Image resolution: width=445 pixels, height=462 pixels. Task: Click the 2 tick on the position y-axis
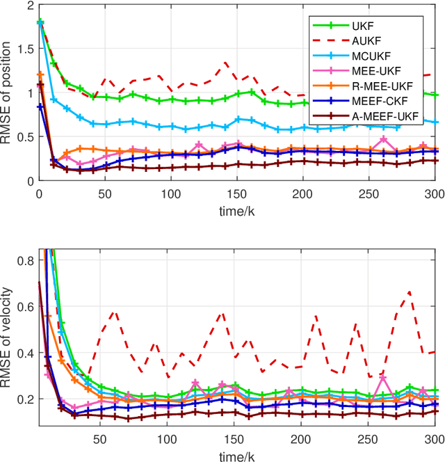tap(30, 6)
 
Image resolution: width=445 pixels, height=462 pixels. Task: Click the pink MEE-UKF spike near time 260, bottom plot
tap(383, 378)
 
